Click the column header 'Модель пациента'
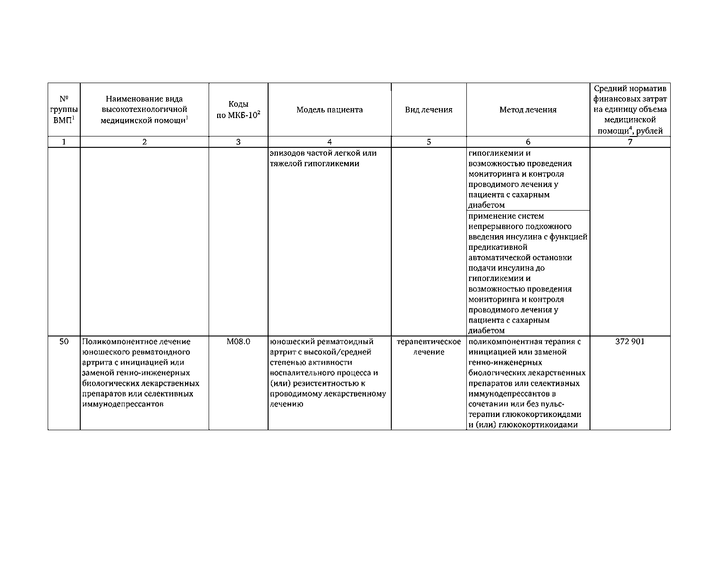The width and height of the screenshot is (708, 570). [x=329, y=110]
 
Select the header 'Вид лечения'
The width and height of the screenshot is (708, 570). [x=429, y=110]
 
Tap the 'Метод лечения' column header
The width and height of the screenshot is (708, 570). [x=528, y=110]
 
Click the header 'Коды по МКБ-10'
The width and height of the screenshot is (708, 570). [x=238, y=110]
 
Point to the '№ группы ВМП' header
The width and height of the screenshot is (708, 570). [x=64, y=110]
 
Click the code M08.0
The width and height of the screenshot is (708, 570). [x=238, y=341]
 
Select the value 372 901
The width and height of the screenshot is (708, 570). [x=630, y=341]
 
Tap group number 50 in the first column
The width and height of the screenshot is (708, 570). [x=64, y=341]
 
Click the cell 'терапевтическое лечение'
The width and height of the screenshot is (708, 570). [x=429, y=347]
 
